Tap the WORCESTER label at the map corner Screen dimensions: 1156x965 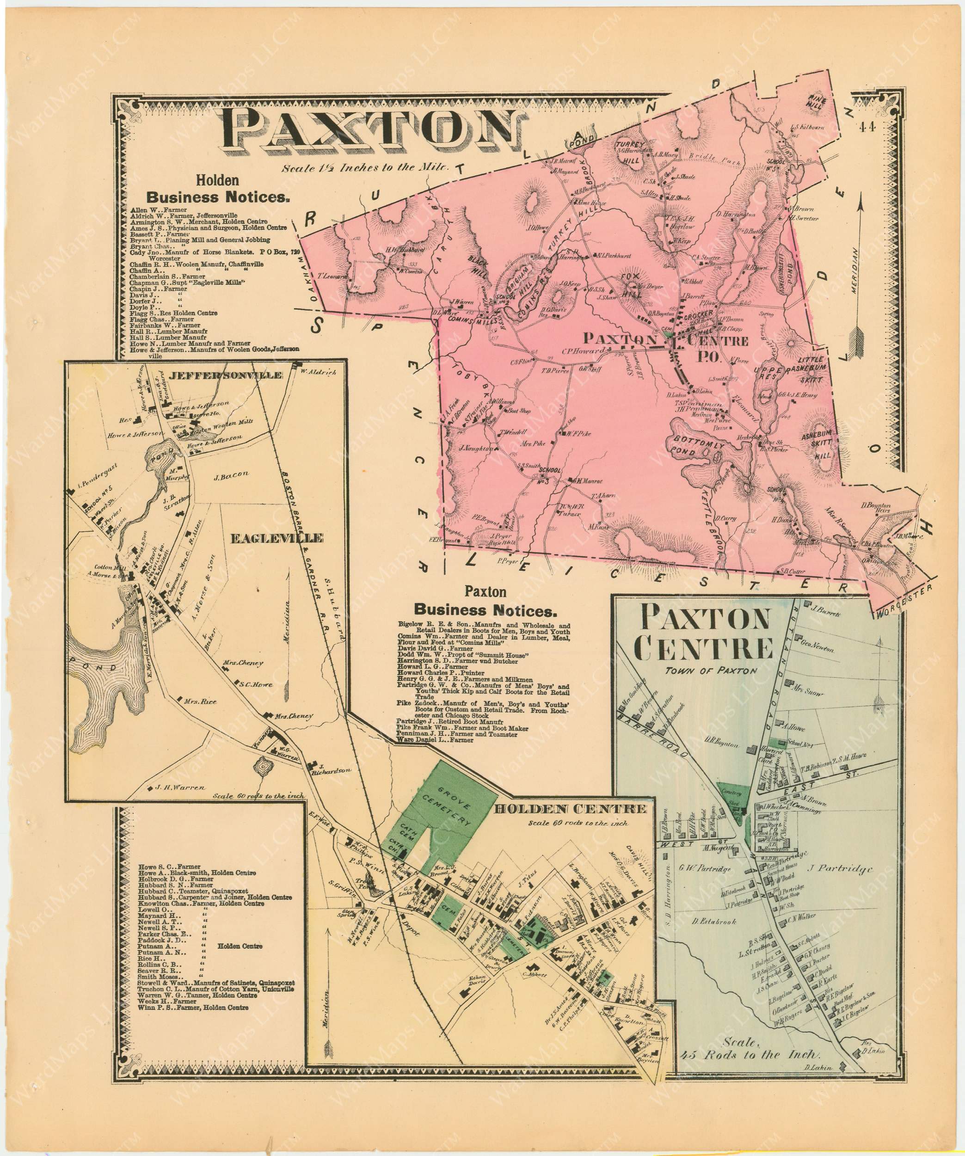903,601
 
